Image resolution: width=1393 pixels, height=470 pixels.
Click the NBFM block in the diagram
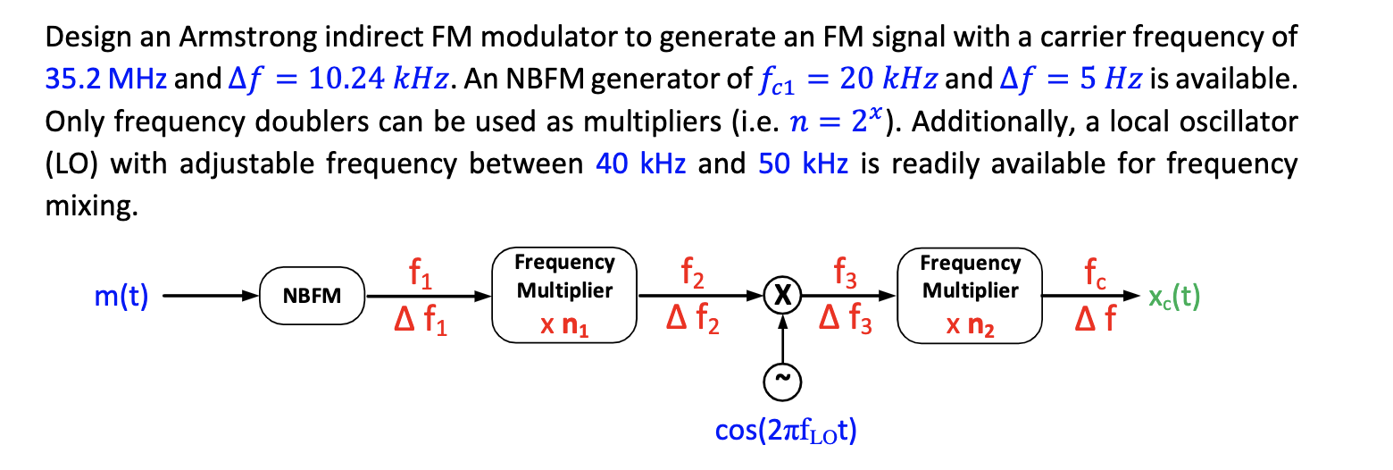tap(312, 296)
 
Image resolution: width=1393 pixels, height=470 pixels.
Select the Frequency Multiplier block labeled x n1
tap(564, 296)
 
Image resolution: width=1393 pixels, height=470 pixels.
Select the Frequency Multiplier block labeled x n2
tap(970, 296)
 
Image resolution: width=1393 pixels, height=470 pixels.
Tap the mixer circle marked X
tap(782, 296)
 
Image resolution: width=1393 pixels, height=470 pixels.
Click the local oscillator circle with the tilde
tap(782, 382)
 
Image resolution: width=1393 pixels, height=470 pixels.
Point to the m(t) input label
tap(121, 297)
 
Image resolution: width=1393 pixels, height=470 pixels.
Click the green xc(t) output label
tap(1173, 297)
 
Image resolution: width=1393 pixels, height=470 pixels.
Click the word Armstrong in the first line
tap(237, 38)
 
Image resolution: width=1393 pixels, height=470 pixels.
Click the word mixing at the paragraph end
tap(91, 207)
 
